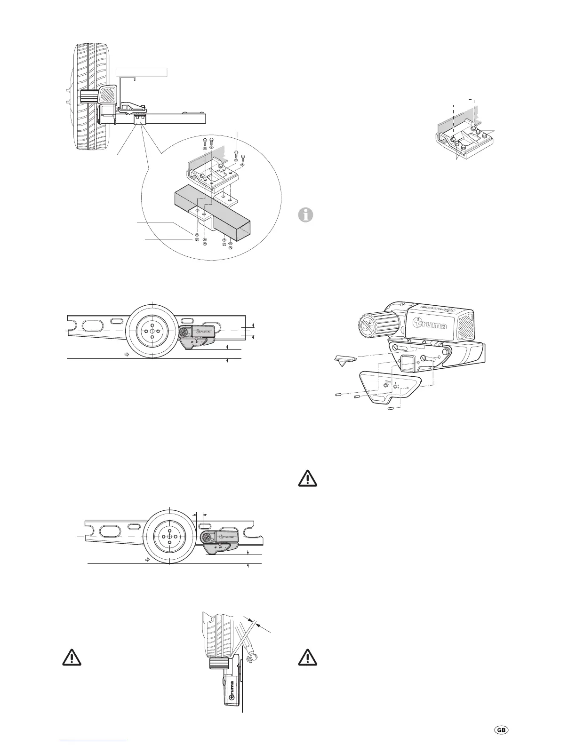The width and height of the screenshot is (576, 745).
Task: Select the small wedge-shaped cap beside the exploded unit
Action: [345, 360]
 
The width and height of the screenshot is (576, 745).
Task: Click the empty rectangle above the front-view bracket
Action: [142, 72]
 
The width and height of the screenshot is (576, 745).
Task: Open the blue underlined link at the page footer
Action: [94, 741]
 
